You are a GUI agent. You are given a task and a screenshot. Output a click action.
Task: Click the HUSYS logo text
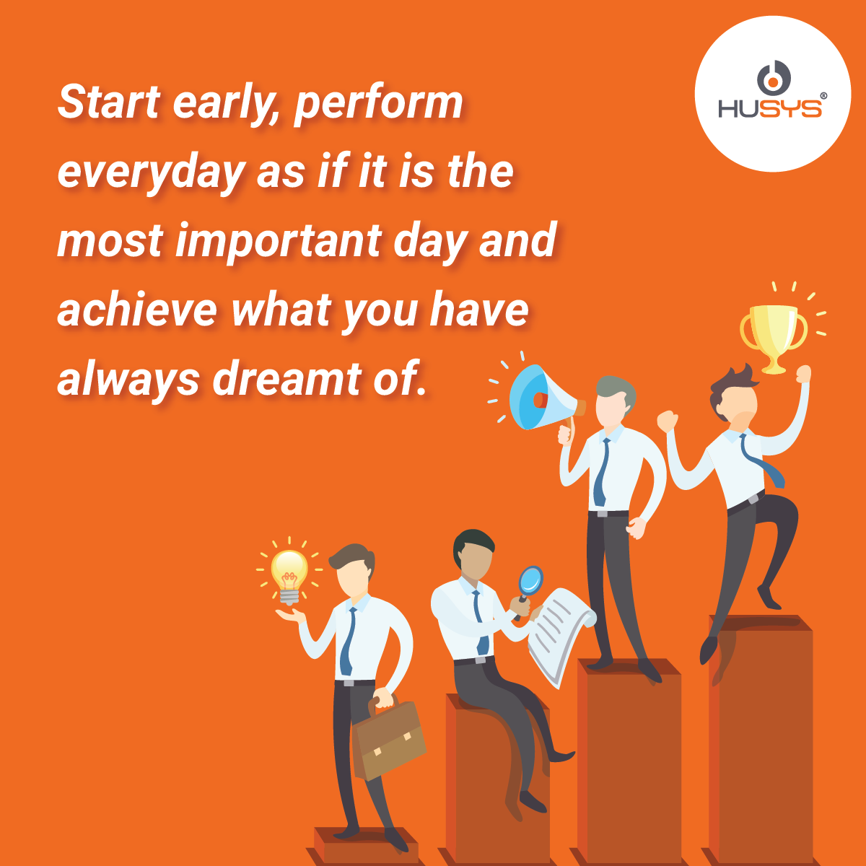770,108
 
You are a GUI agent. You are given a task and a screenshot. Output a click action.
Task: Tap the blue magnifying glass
530,585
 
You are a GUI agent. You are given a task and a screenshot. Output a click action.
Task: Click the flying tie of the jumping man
762,460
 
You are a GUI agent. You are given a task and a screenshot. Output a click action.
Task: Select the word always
128,380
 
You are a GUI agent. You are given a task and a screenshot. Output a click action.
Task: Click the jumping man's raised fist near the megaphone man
667,421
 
